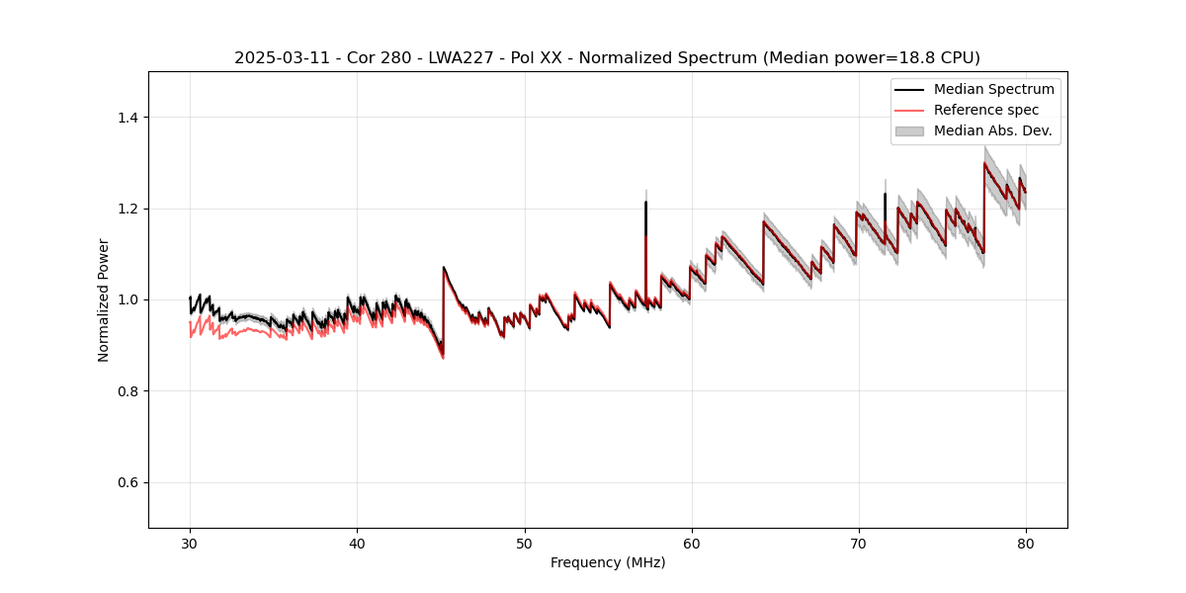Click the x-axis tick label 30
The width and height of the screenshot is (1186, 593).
click(x=190, y=543)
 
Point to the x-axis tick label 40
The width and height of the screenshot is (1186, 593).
click(x=357, y=543)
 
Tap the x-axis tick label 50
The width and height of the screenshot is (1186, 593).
click(x=524, y=543)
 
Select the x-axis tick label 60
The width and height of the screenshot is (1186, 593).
click(x=691, y=543)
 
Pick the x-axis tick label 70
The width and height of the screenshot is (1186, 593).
click(x=858, y=543)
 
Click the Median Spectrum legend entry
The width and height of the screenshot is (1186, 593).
click(x=993, y=89)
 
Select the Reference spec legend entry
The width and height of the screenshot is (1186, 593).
click(x=986, y=110)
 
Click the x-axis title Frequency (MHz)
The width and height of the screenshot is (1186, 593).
click(x=608, y=562)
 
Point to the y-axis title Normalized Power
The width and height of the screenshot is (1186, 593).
click(x=104, y=299)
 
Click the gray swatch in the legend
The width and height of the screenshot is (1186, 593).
click(x=909, y=130)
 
